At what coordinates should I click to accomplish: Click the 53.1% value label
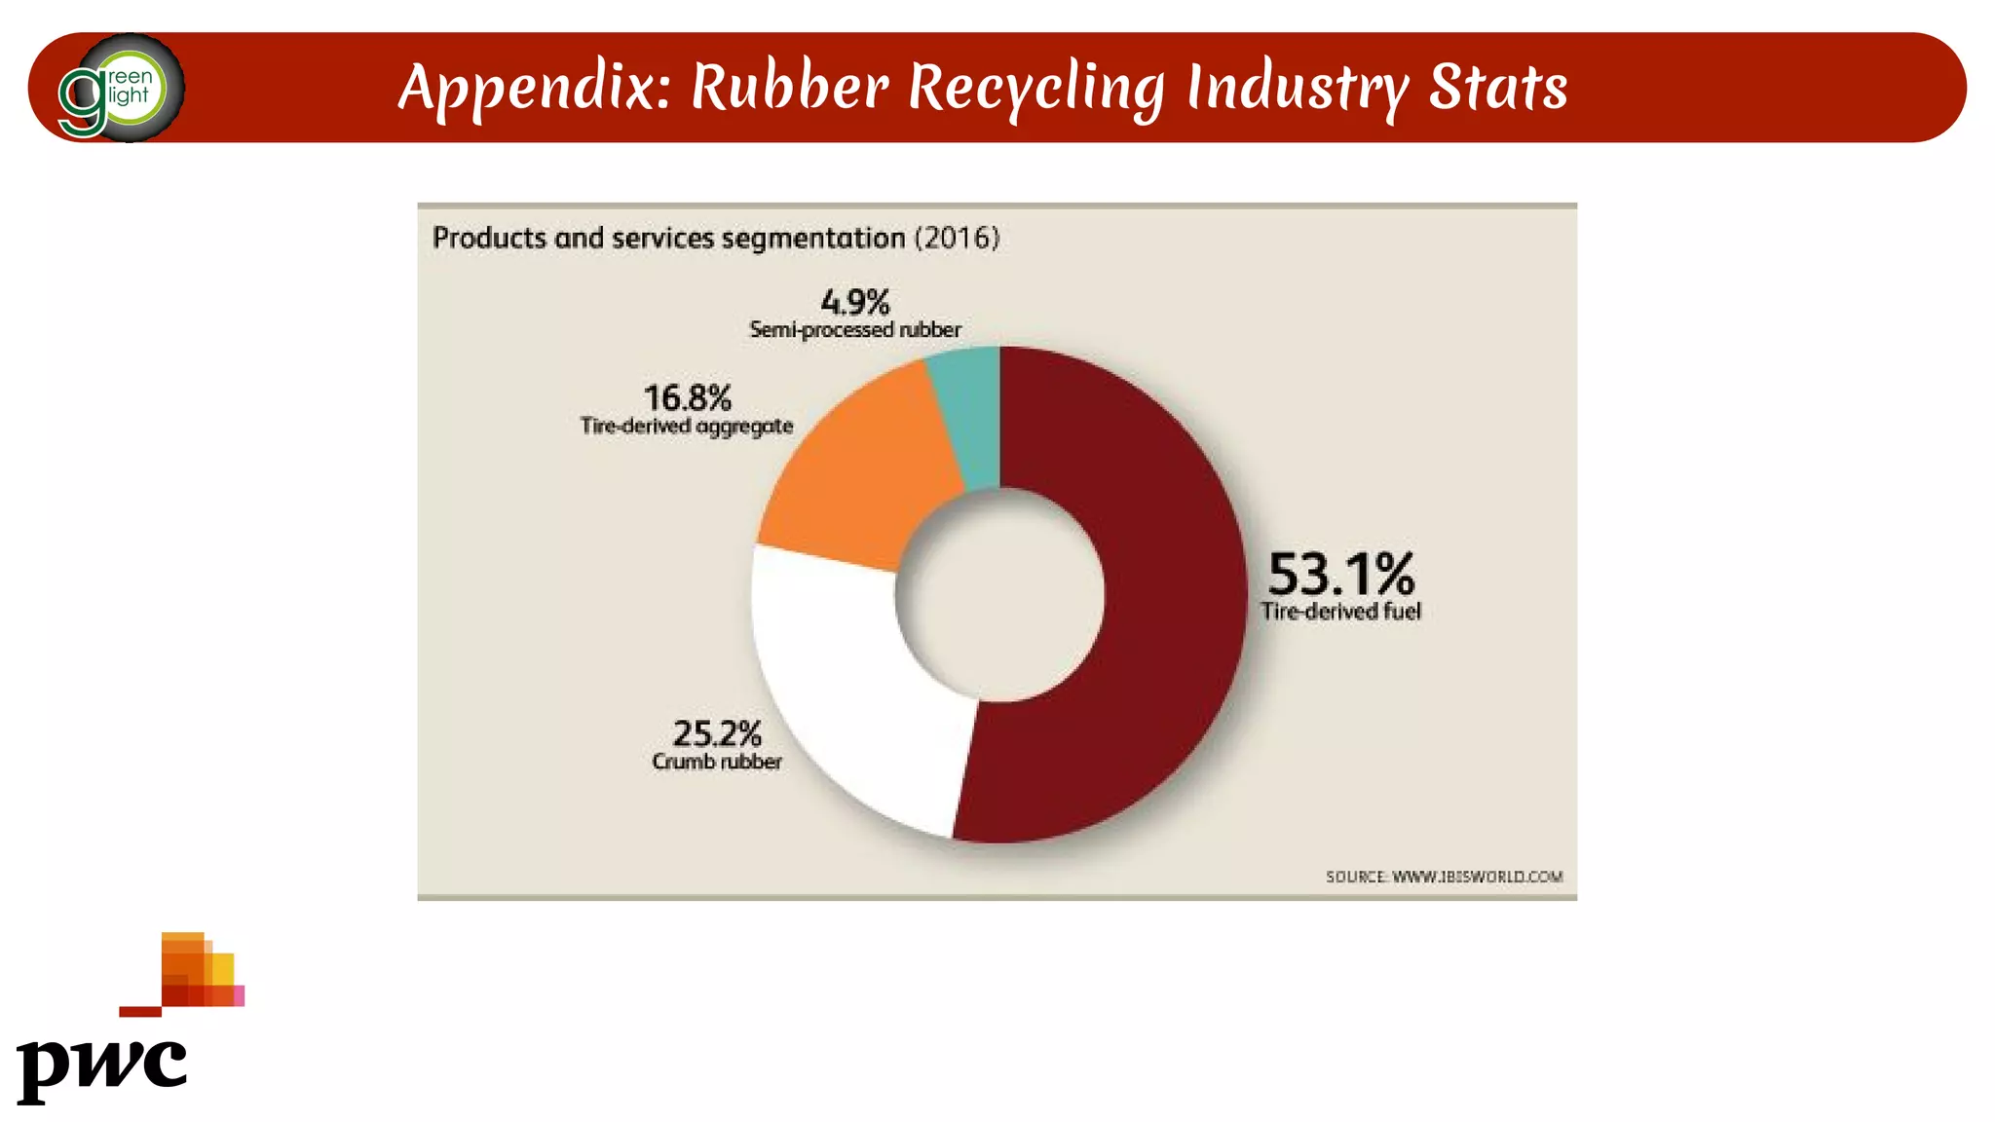click(1340, 574)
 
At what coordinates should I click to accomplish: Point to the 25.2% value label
click(717, 732)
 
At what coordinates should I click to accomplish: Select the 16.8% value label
click(688, 397)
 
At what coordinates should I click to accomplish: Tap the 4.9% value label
click(855, 302)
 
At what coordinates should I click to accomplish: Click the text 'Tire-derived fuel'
click(1340, 612)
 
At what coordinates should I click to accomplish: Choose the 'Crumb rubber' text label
click(717, 762)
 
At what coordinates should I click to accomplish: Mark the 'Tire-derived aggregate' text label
click(687, 426)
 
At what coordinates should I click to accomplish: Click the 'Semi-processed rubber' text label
click(855, 330)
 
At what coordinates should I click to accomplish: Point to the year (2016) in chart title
click(957, 239)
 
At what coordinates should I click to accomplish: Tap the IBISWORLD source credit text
click(1444, 877)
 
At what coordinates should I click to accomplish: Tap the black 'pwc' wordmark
click(101, 1067)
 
